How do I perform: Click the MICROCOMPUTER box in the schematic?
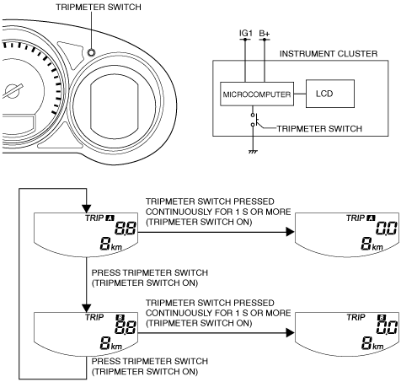click(257, 94)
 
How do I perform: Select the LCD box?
click(330, 94)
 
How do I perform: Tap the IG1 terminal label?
click(246, 34)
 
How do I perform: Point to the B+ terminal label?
click(265, 34)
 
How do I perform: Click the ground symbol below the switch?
click(253, 152)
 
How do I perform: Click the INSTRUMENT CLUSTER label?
click(329, 54)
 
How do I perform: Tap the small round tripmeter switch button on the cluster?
click(92, 52)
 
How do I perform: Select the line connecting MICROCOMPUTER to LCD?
click(300, 94)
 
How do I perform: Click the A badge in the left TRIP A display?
click(110, 218)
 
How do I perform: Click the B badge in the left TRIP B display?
click(120, 317)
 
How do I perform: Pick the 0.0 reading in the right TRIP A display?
click(387, 228)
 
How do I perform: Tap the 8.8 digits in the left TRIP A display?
click(126, 228)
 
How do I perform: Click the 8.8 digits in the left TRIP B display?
click(126, 327)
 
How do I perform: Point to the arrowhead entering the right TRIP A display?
click(290, 232)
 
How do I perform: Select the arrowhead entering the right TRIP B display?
click(290, 333)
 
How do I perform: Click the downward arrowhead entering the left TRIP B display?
click(87, 308)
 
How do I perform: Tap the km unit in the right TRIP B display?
click(377, 346)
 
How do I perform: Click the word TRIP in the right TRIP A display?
click(356, 218)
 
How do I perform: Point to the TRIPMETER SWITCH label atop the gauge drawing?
click(99, 7)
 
